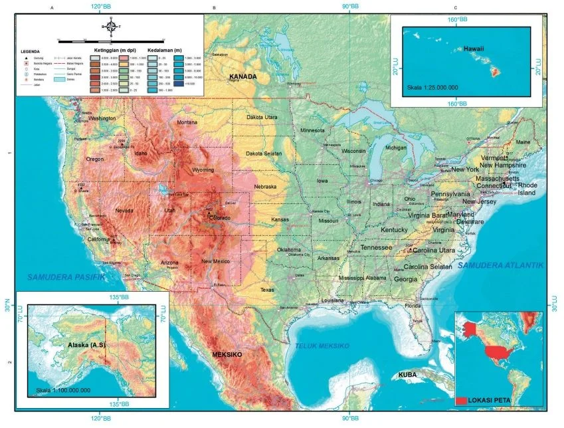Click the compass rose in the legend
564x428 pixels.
pos(111,27)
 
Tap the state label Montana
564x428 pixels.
pos(187,122)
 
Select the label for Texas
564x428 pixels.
pos(267,290)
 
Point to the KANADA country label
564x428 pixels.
pos(242,77)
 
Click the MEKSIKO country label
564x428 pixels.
pos(227,356)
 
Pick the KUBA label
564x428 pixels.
pos(407,375)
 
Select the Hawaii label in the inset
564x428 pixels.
pos(474,49)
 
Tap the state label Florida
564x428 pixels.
pos(413,306)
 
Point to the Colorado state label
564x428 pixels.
pos(219,217)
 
